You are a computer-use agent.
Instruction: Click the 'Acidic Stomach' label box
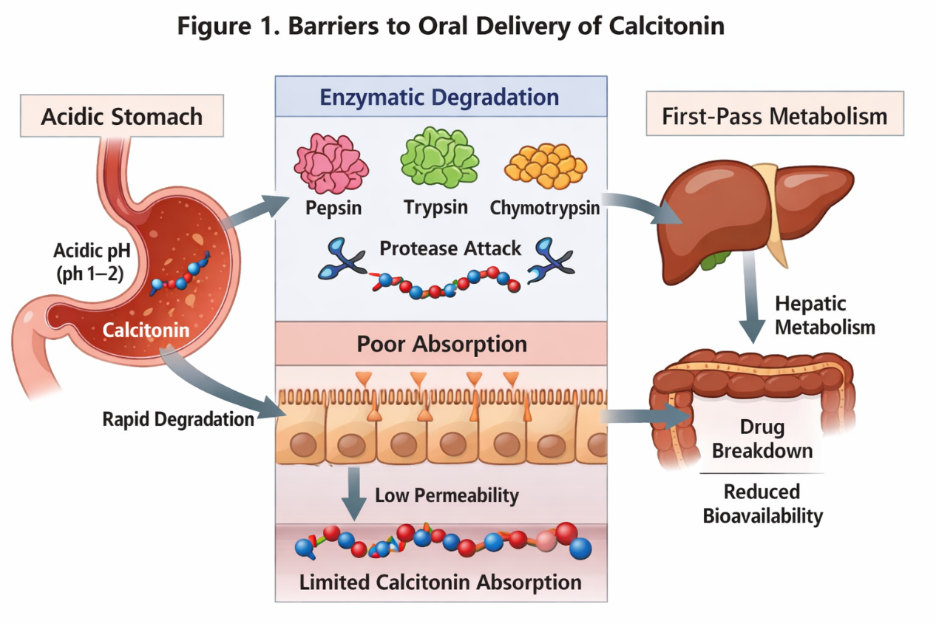click(121, 116)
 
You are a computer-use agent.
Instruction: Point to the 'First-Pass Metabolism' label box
click(775, 116)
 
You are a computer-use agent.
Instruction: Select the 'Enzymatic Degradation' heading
click(440, 97)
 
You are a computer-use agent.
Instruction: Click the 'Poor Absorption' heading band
click(441, 344)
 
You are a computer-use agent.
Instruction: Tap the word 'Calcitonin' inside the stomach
click(146, 330)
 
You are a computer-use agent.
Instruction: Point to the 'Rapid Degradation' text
click(178, 419)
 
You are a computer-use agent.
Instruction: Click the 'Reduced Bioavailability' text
click(762, 503)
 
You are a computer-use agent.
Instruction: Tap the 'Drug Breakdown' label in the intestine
click(762, 439)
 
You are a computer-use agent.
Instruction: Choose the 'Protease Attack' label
click(450, 248)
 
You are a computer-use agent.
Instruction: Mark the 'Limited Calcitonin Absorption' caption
click(440, 582)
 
